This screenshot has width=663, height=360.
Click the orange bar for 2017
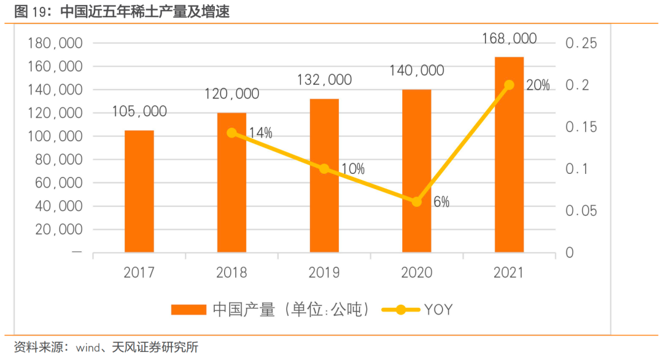point(139,191)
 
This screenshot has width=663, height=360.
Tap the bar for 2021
point(509,154)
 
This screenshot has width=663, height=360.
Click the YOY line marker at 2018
point(231,133)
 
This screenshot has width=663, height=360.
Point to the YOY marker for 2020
point(417,202)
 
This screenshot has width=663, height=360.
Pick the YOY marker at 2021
point(509,85)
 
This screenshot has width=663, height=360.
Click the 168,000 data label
point(509,38)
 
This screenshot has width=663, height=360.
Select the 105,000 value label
point(139,111)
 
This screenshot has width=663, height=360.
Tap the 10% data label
point(352,169)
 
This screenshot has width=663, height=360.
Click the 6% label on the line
point(441,202)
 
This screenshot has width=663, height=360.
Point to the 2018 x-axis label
point(231,272)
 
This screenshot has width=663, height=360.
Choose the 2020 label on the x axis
point(417,272)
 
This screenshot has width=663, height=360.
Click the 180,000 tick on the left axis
point(55,44)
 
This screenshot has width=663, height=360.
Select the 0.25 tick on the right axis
point(581,44)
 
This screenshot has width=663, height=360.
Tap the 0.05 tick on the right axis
point(581,211)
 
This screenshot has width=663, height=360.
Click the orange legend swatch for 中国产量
point(188,310)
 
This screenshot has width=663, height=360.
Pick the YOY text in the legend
point(438,310)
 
